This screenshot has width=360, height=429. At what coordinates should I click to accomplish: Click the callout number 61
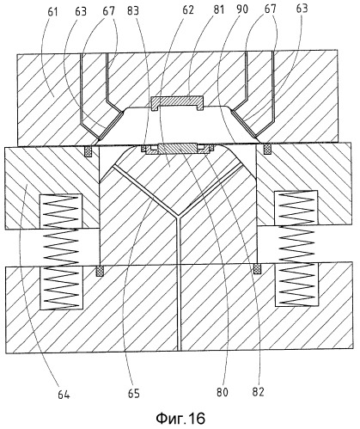coord(52,12)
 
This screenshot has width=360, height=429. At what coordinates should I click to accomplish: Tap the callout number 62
coord(187,9)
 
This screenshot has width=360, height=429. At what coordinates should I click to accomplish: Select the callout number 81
coord(218,9)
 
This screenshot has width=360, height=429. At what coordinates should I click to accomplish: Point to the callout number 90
coord(242,9)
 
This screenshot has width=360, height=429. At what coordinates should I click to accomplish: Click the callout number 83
coord(133,11)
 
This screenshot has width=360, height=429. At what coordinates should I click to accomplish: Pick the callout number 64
coord(64,395)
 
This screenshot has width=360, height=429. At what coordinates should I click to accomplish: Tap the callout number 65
coord(134,394)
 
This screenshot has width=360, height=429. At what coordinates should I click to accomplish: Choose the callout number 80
coord(223,392)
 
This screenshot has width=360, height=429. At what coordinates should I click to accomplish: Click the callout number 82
coord(258,392)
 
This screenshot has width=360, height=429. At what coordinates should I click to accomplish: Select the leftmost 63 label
coord(81,12)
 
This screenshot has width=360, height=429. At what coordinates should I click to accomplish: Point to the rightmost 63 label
coord(302,9)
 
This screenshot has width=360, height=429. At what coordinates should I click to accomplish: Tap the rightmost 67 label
coord(271,9)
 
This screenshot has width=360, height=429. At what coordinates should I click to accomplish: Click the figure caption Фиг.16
coord(180,419)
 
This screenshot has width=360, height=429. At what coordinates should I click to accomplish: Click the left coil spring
coord(61,250)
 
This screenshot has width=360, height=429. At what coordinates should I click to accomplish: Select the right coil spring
coord(296,248)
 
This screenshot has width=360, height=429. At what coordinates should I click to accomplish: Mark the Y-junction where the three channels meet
coord(178,216)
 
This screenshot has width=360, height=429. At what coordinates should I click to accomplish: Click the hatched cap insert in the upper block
coord(177,102)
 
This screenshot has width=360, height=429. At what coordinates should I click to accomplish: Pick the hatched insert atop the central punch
coord(178,149)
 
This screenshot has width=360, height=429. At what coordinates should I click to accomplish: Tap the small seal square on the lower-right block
coord(258,269)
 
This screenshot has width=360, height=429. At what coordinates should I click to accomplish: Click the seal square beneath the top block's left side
coord(88,151)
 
